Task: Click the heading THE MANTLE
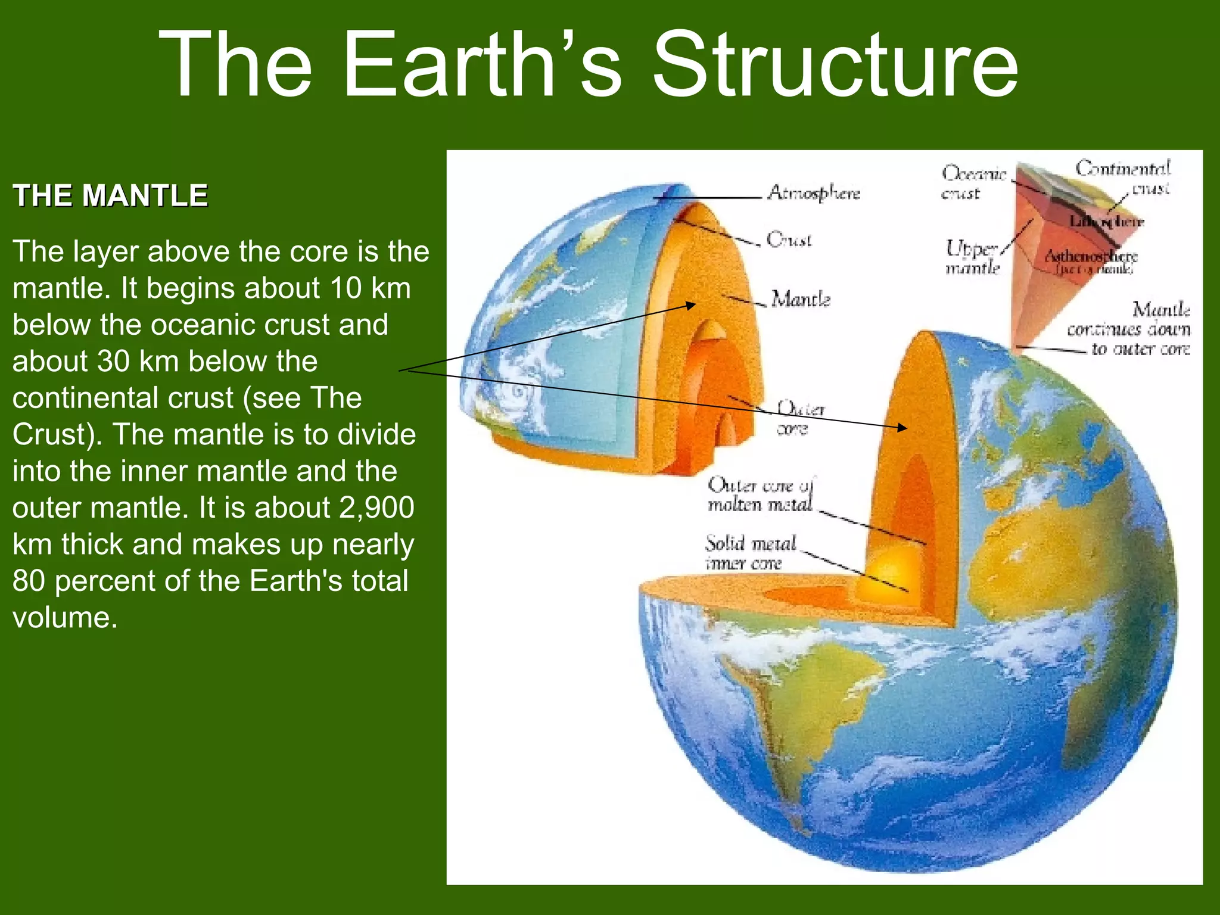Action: tap(110, 196)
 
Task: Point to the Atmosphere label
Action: tap(814, 193)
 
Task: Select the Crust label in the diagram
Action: tap(789, 239)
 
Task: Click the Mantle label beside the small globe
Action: tap(800, 299)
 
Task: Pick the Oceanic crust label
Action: tap(972, 183)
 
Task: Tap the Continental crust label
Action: tap(1123, 178)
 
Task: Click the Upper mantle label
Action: tap(972, 257)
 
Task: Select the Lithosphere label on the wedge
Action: tap(1106, 222)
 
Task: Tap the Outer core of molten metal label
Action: tap(760, 494)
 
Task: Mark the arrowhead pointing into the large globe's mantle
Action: tap(903, 427)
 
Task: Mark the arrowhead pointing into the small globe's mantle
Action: tap(691, 306)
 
